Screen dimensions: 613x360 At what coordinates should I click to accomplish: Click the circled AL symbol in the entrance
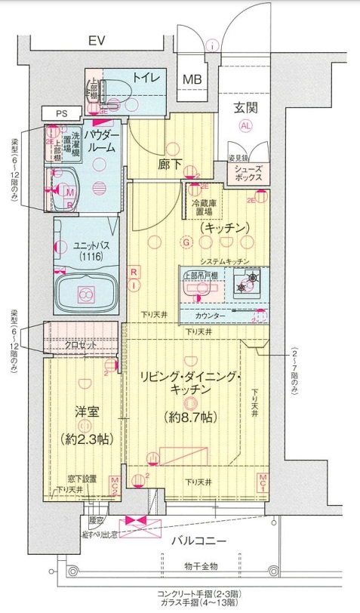246,126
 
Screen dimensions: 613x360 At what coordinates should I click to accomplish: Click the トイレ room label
145,77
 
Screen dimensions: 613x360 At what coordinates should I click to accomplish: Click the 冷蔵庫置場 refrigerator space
202,207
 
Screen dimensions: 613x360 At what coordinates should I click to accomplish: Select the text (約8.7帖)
189,416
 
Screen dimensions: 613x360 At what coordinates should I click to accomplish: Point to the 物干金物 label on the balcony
200,566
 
